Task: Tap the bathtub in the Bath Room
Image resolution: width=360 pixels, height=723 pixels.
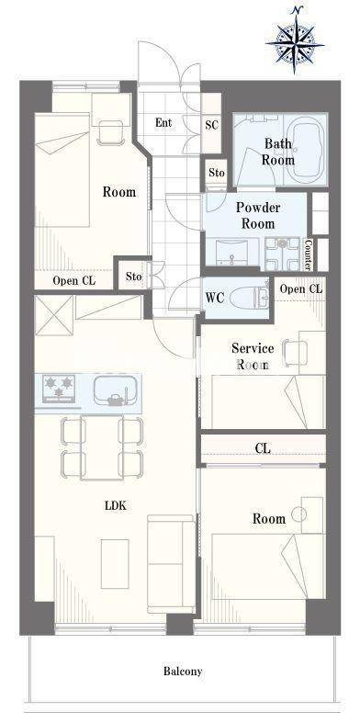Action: [x=305, y=150]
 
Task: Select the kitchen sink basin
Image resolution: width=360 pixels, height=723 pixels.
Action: [x=115, y=390]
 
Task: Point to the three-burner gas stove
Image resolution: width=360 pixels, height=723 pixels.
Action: [x=58, y=389]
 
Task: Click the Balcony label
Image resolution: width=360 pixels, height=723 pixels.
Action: [x=183, y=672]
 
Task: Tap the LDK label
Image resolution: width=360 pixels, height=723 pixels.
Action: [x=116, y=506]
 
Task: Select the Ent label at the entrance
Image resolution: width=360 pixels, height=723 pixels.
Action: [x=163, y=123]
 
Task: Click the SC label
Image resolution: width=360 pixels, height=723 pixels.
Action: [x=211, y=125]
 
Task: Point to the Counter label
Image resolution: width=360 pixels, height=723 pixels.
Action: [x=309, y=254]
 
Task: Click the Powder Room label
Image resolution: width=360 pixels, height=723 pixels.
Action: [x=258, y=215]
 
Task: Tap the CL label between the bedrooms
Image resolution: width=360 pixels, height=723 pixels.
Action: [x=263, y=448]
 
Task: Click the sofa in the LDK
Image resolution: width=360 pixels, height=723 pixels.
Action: [x=171, y=564]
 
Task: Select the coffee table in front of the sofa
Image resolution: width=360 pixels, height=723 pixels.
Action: [x=115, y=563]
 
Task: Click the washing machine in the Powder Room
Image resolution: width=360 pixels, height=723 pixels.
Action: [x=283, y=254]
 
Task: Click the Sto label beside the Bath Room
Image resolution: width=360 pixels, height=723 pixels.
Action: [x=216, y=173]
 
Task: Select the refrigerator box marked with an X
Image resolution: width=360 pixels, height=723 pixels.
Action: [x=54, y=315]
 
